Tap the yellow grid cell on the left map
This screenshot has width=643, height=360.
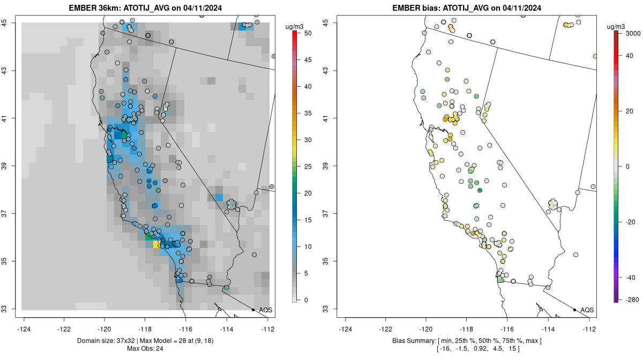click(x=156, y=244)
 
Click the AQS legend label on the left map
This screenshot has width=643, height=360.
click(x=266, y=310)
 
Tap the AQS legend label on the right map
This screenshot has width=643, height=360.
click(x=587, y=310)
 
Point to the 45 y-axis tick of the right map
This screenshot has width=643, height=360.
click(x=330, y=22)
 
